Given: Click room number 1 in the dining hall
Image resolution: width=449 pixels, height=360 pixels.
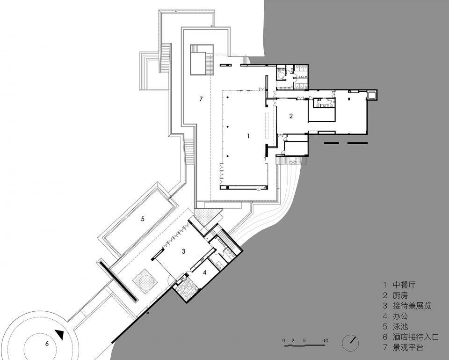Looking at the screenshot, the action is click(248, 136).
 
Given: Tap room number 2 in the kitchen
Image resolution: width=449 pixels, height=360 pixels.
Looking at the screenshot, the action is click(291, 116).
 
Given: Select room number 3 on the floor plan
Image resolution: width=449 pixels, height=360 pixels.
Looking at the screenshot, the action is click(183, 251).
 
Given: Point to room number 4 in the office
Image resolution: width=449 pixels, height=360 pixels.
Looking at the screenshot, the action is click(204, 272).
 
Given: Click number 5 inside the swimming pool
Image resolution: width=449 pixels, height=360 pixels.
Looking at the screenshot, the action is click(143, 219).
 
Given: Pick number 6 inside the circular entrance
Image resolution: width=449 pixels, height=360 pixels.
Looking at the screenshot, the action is click(47, 343).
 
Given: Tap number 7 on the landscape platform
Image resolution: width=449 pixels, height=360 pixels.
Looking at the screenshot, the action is click(201, 99).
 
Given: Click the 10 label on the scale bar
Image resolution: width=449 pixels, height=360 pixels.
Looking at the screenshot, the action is click(326, 341).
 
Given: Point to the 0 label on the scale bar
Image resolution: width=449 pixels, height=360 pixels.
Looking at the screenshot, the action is click(283, 341).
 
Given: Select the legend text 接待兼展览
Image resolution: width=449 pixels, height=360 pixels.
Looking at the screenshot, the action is click(412, 306).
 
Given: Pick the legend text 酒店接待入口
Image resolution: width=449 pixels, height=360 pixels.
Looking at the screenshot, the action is click(416, 337).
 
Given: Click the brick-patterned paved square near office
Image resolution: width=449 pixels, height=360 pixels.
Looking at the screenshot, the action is click(186, 288).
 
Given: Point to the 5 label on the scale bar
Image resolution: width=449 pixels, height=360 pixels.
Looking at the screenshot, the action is click(304, 341).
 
